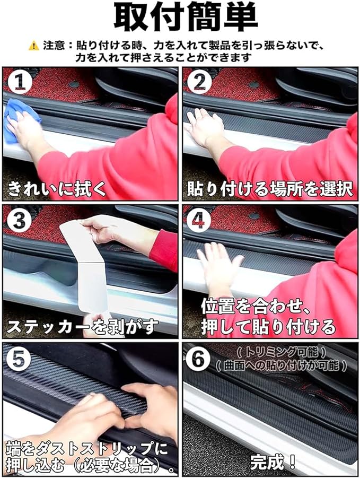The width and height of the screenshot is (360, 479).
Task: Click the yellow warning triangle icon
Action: pos(33,46)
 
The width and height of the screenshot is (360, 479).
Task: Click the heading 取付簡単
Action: pos(186,18)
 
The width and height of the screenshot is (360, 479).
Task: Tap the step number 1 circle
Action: pos(20,82)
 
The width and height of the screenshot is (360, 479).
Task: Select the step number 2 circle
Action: pos(199,82)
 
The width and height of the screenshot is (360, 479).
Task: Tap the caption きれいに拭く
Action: pos(57,188)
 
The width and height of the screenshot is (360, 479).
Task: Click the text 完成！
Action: pos(273,461)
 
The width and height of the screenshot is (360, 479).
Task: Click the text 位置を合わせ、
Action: pos(256,307)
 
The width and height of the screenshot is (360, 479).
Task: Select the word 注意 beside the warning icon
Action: pos(54,46)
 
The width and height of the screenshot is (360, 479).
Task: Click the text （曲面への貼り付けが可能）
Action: pos(281,365)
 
